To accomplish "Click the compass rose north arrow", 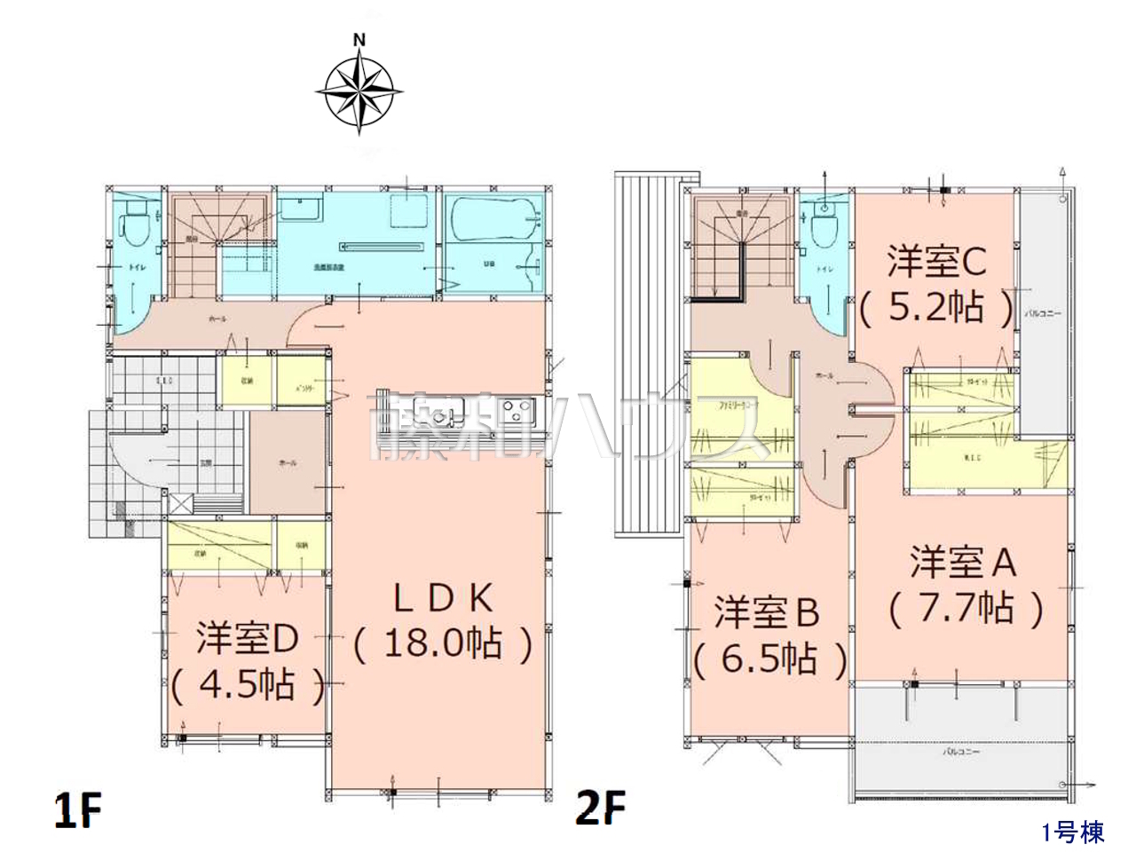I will (x=359, y=89).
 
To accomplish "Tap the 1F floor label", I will (x=78, y=809).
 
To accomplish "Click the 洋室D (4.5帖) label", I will (x=247, y=662).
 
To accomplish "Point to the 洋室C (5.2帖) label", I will (x=936, y=284).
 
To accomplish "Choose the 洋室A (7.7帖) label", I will (x=965, y=586).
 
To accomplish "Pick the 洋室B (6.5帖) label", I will (x=769, y=635).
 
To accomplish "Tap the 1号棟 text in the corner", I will (x=1073, y=832).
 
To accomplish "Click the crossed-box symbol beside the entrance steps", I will (x=179, y=503).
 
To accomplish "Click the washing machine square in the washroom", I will (x=410, y=210).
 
